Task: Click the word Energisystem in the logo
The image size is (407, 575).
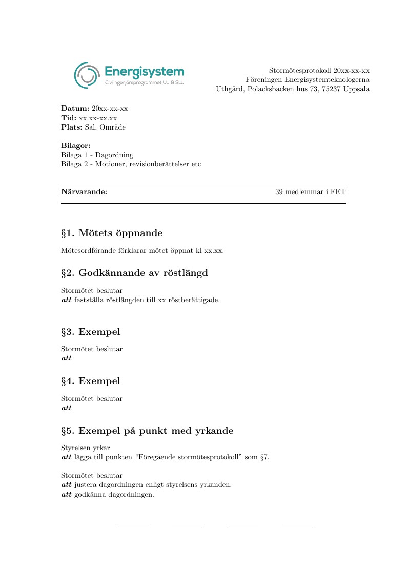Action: (144, 72)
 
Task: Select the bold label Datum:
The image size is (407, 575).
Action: (75, 109)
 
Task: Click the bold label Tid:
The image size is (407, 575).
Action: (69, 118)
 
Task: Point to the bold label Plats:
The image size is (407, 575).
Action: (72, 127)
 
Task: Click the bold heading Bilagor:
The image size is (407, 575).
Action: (76, 146)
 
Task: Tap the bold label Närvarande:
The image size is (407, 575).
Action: (84, 192)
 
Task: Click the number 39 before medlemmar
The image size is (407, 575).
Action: (279, 192)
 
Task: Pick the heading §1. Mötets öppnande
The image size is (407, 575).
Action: (112, 233)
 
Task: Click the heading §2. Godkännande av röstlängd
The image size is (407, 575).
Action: (134, 273)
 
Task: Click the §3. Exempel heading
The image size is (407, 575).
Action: (91, 332)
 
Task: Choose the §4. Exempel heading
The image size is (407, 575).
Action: (91, 381)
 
